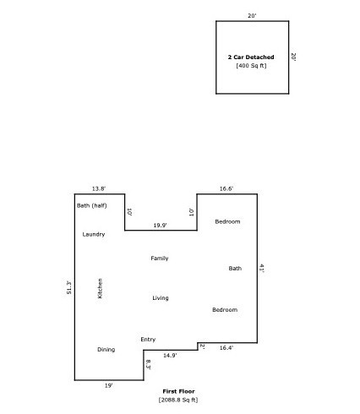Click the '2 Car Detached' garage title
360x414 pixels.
coord(251,57)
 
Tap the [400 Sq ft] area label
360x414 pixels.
coord(251,66)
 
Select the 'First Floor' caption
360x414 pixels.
coord(178,391)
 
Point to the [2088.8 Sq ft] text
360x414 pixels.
coord(178,400)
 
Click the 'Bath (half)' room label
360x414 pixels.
coord(92,205)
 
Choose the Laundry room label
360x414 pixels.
coord(94,234)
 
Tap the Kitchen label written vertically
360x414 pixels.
coord(100,288)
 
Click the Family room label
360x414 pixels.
coord(160,259)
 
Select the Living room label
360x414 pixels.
coord(161,298)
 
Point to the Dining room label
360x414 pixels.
coord(106,350)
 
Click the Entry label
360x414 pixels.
coord(148,340)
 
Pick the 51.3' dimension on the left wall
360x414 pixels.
coord(68,287)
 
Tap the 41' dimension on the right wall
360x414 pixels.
coord(262,268)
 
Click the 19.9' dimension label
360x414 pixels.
coord(160,226)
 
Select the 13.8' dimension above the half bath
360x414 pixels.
coord(99,188)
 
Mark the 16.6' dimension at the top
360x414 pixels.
coord(226,188)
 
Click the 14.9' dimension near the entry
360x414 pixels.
coord(170,356)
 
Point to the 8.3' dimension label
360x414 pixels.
coord(148,365)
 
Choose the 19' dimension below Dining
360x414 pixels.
coord(109,386)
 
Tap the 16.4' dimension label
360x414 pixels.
coord(226,348)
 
